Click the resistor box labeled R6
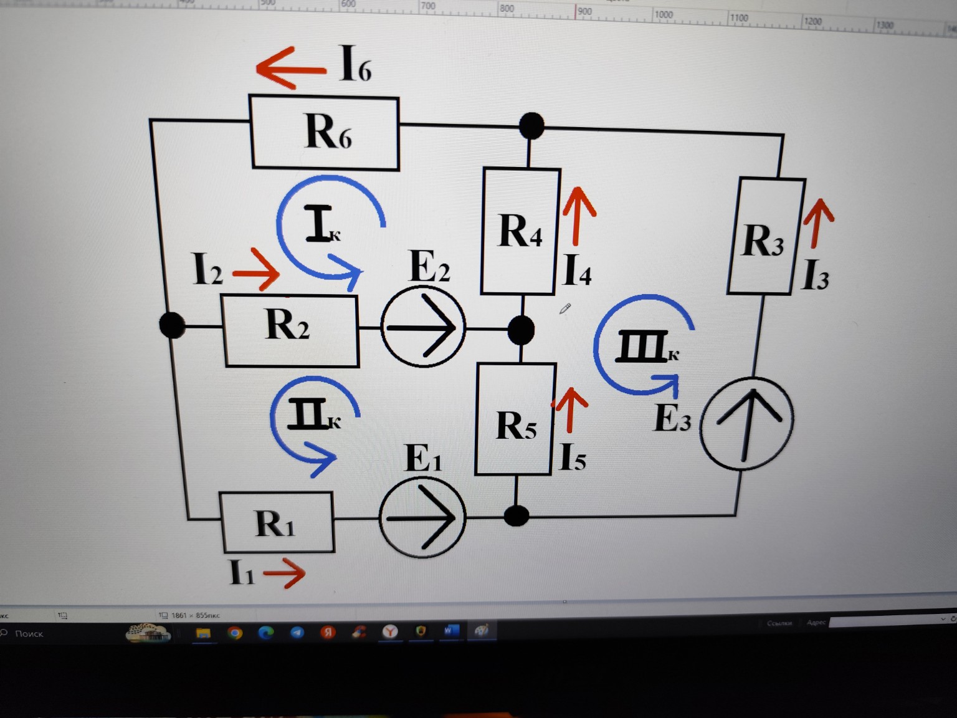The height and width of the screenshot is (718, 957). coord(325,132)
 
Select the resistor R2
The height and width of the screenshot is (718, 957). coord(290,330)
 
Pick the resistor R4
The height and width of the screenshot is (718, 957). coord(520,231)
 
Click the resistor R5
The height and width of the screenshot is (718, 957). coord(515,419)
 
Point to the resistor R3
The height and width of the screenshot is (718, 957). coord(765,236)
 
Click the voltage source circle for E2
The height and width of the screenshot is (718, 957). coord(423,327)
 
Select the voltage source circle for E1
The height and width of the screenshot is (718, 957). coord(422,517)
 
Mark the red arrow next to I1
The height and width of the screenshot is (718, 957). coord(285,573)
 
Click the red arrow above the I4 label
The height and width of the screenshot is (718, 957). coord(579,216)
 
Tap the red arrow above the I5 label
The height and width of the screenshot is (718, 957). coord(569,409)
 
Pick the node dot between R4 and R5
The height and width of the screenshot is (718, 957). coord(521,330)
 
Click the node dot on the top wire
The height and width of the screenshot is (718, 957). coord(531,126)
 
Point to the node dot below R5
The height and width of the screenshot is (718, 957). coord(516,516)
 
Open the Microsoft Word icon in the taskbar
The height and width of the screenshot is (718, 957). coord(451,631)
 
